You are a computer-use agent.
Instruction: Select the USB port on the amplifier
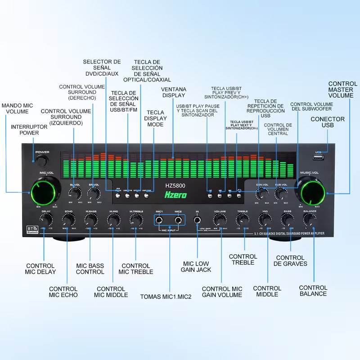pyautogui.click(x=319, y=158)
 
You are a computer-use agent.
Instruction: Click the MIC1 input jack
pyautogui.click(x=160, y=220)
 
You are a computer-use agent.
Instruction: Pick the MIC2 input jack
pyautogui.click(x=179, y=220)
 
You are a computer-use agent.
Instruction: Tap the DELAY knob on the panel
pyautogui.click(x=45, y=220)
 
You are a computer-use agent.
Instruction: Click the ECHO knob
pyautogui.click(x=68, y=220)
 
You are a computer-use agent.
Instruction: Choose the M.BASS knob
pyautogui.click(x=90, y=220)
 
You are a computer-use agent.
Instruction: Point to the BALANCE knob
pyautogui.click(x=310, y=220)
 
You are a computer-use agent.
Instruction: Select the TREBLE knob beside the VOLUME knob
pyautogui.click(x=243, y=220)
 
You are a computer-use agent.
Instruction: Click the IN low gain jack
pyautogui.click(x=197, y=220)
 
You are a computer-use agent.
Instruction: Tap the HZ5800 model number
pyautogui.click(x=174, y=185)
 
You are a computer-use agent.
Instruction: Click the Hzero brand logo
pyautogui.click(x=175, y=194)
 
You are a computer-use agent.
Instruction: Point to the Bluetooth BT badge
pyautogui.click(x=32, y=229)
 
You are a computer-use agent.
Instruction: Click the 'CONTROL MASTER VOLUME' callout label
pyautogui.click(x=342, y=90)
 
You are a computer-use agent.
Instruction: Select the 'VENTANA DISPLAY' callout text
pyautogui.click(x=173, y=92)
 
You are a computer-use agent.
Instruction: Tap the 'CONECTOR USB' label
pyautogui.click(x=328, y=122)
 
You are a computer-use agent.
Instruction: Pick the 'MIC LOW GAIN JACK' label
pyautogui.click(x=196, y=266)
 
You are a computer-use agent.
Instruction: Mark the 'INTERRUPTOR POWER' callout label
pyautogui.click(x=29, y=130)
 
